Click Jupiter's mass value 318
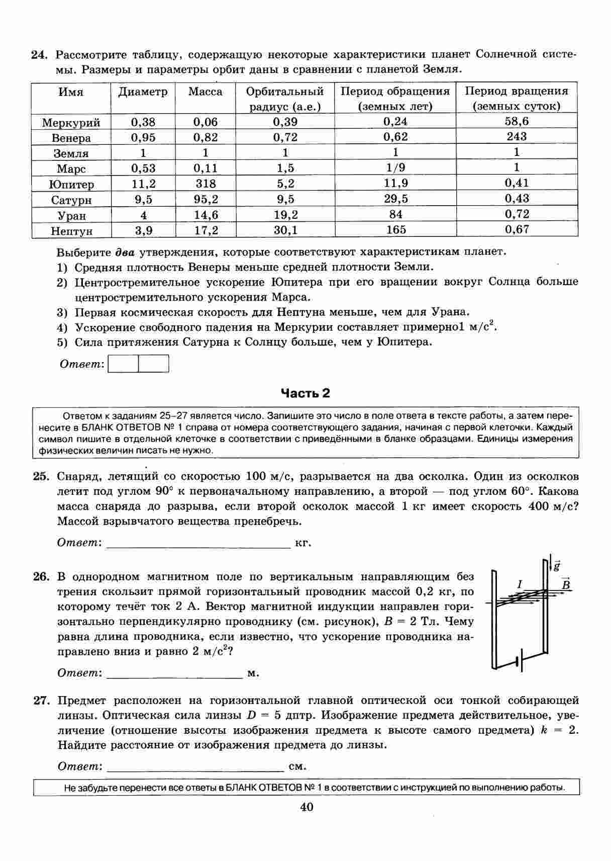pyautogui.click(x=205, y=184)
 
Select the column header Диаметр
pyautogui.click(x=143, y=92)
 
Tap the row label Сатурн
pyautogui.click(x=71, y=200)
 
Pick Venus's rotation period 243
pyautogui.click(x=517, y=137)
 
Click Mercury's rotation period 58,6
pyautogui.click(x=517, y=121)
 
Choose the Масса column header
pyautogui.click(x=205, y=92)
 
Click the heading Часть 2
pyautogui.click(x=305, y=393)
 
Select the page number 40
pyautogui.click(x=306, y=807)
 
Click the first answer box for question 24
pyautogui.click(x=123, y=364)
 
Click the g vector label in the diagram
pyautogui.click(x=557, y=566)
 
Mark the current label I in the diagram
pyautogui.click(x=520, y=584)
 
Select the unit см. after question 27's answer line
pyautogui.click(x=298, y=767)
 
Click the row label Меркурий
pyautogui.click(x=71, y=123)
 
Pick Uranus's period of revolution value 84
pyautogui.click(x=395, y=215)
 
